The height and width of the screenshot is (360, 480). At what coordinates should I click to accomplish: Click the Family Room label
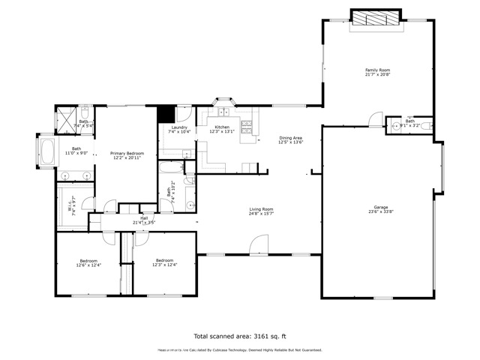(377, 70)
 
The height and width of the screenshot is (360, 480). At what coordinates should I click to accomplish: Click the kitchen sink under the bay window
(223, 113)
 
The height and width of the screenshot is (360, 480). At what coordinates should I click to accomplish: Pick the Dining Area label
(291, 138)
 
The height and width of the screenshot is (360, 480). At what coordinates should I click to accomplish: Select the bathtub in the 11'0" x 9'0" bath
(46, 153)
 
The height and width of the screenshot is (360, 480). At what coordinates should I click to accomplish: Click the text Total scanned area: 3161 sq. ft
(239, 337)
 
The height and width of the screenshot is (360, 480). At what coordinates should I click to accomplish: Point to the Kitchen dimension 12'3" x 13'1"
(223, 131)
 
